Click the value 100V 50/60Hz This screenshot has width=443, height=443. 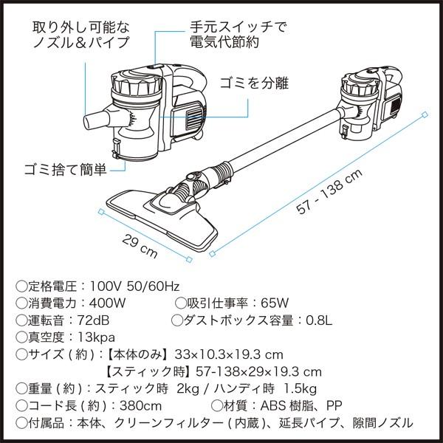click(136, 285)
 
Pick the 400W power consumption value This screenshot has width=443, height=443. click(110, 303)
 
